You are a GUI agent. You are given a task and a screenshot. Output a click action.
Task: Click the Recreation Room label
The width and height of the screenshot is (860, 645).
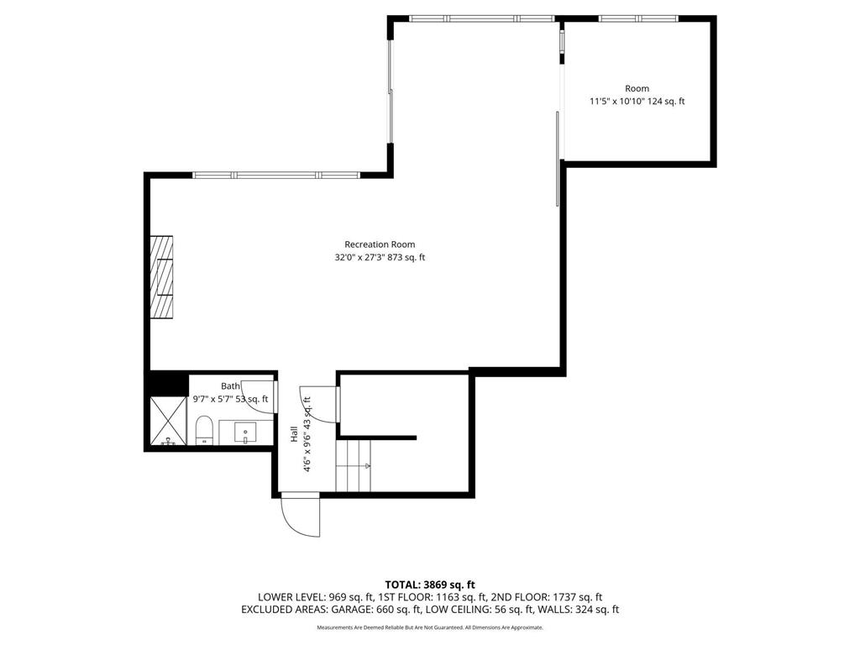380,244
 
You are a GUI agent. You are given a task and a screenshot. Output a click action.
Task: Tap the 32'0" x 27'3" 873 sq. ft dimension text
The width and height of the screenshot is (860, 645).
380,258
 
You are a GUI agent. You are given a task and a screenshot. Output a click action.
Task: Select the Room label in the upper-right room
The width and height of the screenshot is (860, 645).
637,88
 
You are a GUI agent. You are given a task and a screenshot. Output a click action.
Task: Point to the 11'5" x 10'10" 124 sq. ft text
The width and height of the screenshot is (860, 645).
637,102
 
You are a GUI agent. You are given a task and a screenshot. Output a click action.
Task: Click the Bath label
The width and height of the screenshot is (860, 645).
230,386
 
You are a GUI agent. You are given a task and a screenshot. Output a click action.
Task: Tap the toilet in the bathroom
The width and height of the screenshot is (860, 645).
203,432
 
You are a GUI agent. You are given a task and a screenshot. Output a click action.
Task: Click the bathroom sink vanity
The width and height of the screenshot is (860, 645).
245,433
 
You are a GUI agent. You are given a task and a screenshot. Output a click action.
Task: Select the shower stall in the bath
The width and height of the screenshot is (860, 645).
167,422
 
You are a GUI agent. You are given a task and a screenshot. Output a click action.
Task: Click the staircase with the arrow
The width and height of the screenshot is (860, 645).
354,467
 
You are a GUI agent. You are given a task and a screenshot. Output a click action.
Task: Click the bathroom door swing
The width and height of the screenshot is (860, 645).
265,396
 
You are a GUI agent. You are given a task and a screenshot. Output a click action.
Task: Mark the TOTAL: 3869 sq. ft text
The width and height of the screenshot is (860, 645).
430,585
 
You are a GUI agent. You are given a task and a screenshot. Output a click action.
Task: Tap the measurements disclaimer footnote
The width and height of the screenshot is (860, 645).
430,627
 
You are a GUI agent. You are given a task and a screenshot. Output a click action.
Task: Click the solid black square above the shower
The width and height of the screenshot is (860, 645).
167,382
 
